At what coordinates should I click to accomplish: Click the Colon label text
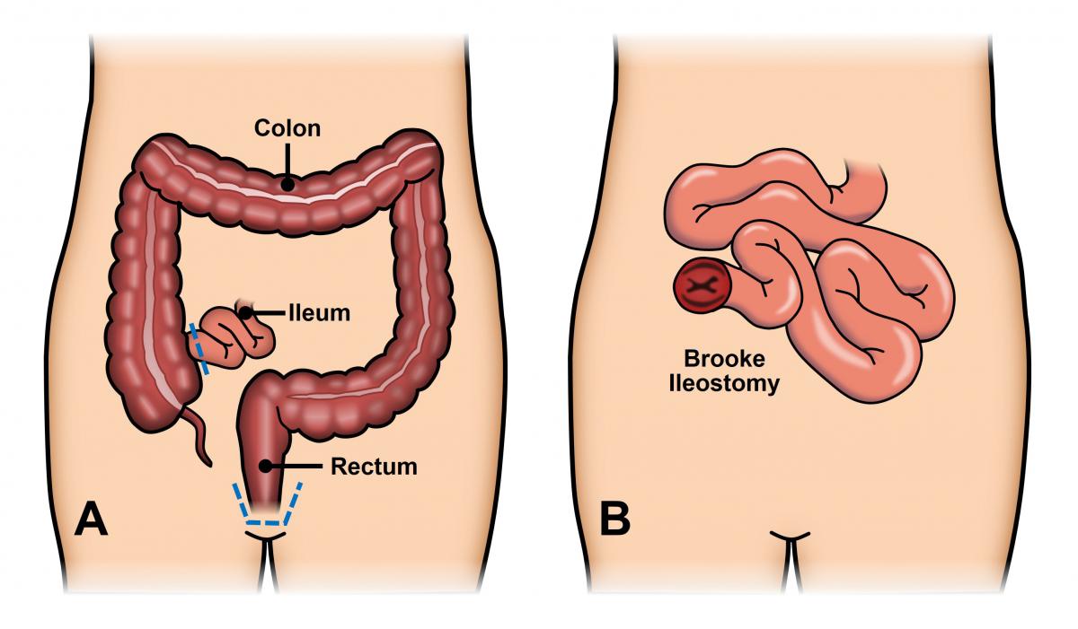[x=287, y=128]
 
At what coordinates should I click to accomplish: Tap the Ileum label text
[x=320, y=313]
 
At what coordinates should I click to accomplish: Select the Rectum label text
[x=374, y=467]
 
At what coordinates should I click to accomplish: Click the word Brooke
[x=724, y=359]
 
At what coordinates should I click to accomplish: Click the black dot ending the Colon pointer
[x=287, y=184]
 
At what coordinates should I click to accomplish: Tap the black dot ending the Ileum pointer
[x=245, y=313]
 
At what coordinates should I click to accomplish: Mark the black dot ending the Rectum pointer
[x=266, y=466]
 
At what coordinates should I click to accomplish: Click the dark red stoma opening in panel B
[x=702, y=286]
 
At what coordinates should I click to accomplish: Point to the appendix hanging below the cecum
[x=198, y=436]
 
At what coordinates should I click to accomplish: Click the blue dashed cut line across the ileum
[x=199, y=348]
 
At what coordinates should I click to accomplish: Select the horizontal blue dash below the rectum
[x=262, y=522]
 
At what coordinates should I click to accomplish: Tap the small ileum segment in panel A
[x=233, y=337]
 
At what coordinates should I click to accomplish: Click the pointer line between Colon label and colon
[x=287, y=161]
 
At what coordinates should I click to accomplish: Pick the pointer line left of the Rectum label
[x=297, y=466]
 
